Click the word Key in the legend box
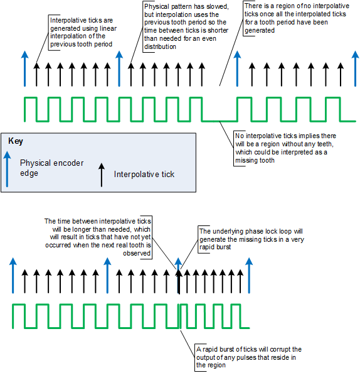click(x=16, y=141)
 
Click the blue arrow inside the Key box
click(x=7, y=169)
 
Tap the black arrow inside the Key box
click(x=102, y=175)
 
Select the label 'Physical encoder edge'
click(x=51, y=168)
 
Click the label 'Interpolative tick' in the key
click(x=144, y=175)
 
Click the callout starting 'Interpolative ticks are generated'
click(x=83, y=33)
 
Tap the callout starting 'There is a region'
click(x=297, y=18)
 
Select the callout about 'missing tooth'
click(x=285, y=148)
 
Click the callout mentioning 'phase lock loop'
click(x=251, y=239)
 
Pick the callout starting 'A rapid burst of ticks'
click(x=249, y=357)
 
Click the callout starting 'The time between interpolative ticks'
click(x=98, y=237)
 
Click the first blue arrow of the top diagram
click(x=24, y=68)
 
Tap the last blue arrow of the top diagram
click(x=355, y=68)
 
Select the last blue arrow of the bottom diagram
click(x=249, y=276)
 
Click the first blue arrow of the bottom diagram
click(x=13, y=276)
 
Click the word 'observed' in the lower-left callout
click(x=137, y=253)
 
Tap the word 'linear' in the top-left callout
click(x=108, y=28)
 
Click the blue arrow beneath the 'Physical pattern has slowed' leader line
click(x=119, y=68)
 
